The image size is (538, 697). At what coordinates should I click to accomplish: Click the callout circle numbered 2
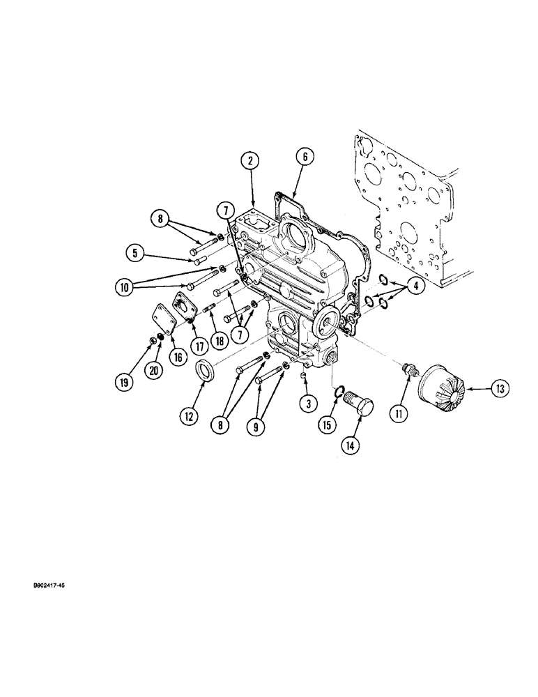click(251, 161)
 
